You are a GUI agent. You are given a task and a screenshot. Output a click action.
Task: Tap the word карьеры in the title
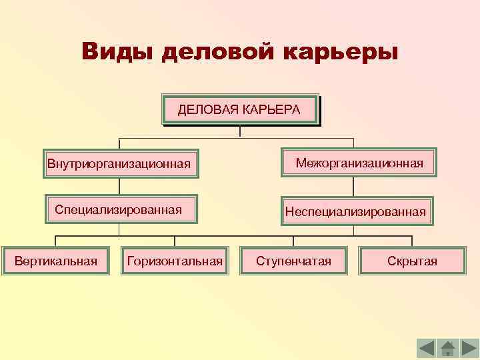coord(341,51)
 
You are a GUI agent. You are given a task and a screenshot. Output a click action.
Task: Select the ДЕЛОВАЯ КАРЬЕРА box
coord(240,109)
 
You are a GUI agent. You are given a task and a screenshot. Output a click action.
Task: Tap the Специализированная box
coord(121,210)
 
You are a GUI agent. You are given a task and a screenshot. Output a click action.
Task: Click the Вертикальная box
coord(56,261)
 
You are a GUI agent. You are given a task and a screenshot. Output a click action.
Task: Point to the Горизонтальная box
coord(175,261)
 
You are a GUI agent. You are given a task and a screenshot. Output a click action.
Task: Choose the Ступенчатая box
coord(293,261)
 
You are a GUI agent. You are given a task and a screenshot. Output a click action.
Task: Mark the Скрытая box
coord(411,261)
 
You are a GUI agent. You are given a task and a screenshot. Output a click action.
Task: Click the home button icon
coord(447,349)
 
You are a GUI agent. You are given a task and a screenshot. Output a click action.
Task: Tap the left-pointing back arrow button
coord(427,349)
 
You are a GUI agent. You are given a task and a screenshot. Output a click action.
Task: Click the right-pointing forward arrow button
coord(468,349)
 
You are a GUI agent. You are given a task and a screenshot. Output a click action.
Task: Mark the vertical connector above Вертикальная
coord(55,241)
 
